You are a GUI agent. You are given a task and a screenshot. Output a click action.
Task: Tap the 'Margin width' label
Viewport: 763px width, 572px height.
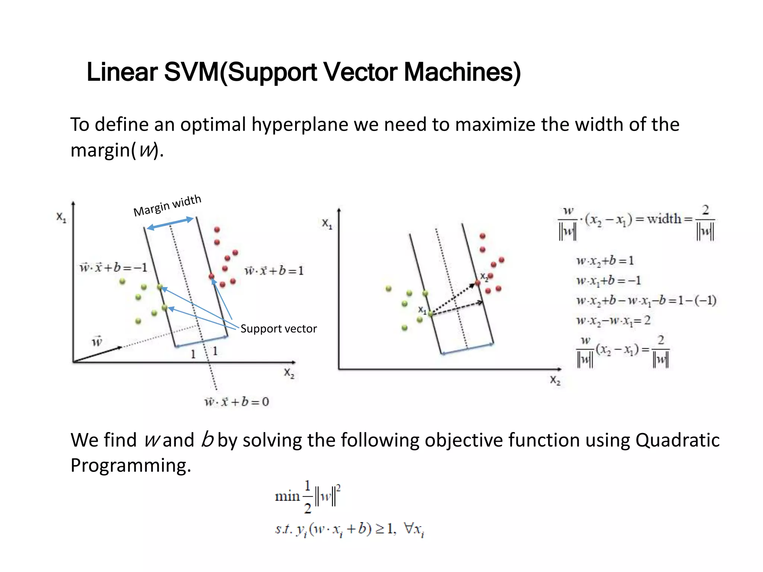167,206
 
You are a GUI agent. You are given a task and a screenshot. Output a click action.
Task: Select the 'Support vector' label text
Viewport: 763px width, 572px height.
278,329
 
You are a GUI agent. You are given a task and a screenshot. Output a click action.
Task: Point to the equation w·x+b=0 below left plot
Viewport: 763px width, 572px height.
237,402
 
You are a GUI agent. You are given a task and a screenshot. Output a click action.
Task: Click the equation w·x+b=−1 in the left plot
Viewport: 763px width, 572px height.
113,267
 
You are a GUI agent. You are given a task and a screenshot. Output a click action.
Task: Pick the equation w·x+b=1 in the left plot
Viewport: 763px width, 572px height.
274,271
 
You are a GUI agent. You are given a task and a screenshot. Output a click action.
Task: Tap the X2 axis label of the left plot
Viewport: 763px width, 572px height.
289,373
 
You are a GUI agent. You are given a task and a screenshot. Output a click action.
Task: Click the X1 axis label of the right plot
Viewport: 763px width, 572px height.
327,224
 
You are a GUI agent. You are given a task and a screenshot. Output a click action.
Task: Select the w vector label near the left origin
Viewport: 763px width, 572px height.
97,341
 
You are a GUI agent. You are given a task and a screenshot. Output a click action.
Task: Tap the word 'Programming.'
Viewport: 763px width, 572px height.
130,465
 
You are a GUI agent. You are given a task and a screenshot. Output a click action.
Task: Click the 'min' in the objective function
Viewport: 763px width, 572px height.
287,496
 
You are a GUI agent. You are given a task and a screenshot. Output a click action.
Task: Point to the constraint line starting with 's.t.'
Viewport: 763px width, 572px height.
349,529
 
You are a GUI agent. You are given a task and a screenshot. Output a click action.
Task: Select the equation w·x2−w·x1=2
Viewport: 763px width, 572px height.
613,320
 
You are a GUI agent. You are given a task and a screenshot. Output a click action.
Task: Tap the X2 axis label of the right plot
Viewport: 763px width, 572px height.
555,380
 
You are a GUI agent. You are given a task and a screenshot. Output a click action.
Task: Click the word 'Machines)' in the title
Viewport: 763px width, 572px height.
462,72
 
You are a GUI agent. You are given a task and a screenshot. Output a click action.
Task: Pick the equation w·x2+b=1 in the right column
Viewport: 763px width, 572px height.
605,261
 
